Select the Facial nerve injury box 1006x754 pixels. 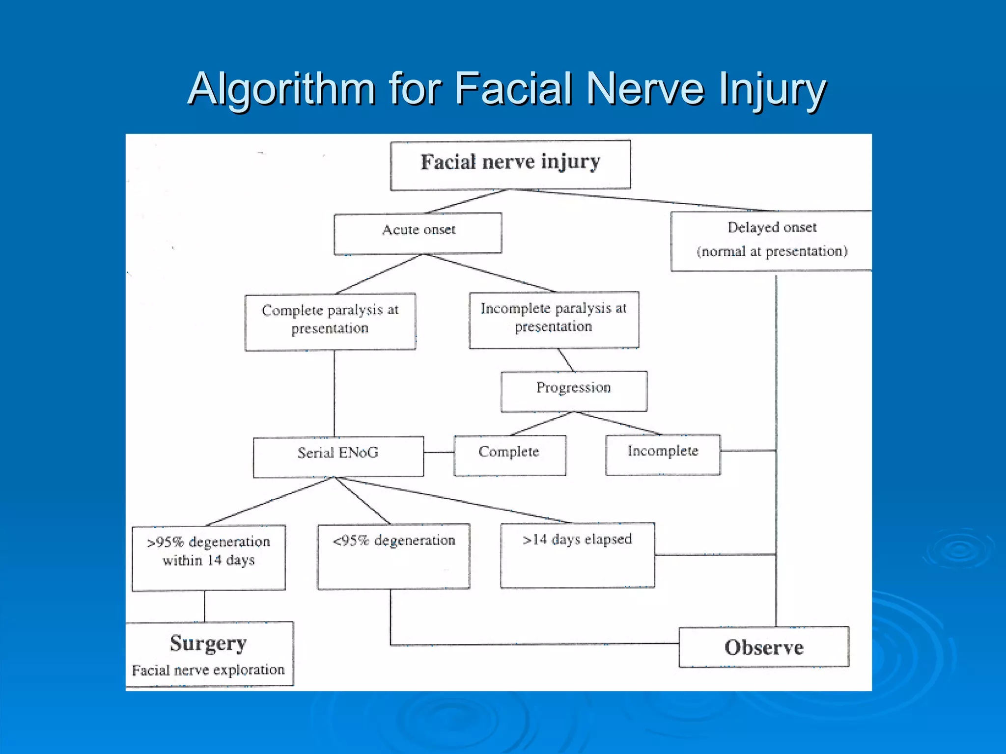pyautogui.click(x=510, y=164)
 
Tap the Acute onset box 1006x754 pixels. pyautogui.click(x=418, y=233)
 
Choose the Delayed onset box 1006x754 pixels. pyautogui.click(x=771, y=241)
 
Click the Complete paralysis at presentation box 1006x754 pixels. pyautogui.click(x=330, y=322)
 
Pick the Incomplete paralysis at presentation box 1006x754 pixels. pyautogui.click(x=554, y=320)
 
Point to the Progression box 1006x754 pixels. pyautogui.click(x=574, y=391)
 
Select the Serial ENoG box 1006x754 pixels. pyautogui.click(x=338, y=456)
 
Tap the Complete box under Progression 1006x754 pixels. pyautogui.click(x=509, y=455)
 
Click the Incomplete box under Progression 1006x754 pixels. pyautogui.click(x=663, y=454)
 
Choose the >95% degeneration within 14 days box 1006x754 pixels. pyautogui.click(x=209, y=557)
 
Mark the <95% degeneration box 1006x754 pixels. pyautogui.click(x=393, y=556)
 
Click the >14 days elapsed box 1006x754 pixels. pyautogui.click(x=577, y=555)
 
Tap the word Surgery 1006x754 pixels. pyautogui.click(x=208, y=643)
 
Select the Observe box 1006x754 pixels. pyautogui.click(x=764, y=647)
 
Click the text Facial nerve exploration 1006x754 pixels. pyautogui.click(x=208, y=670)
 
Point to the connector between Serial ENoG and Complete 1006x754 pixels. pyautogui.click(x=439, y=452)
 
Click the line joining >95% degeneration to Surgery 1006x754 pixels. pyautogui.click(x=204, y=606)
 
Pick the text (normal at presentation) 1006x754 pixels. pyautogui.click(x=772, y=251)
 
